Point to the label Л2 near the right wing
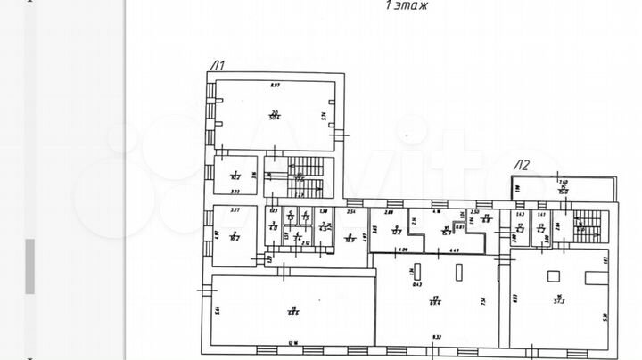click(x=522, y=164)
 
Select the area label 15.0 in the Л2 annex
click(x=564, y=190)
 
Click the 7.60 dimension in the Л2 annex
click(x=563, y=182)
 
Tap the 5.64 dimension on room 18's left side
click(x=217, y=309)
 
